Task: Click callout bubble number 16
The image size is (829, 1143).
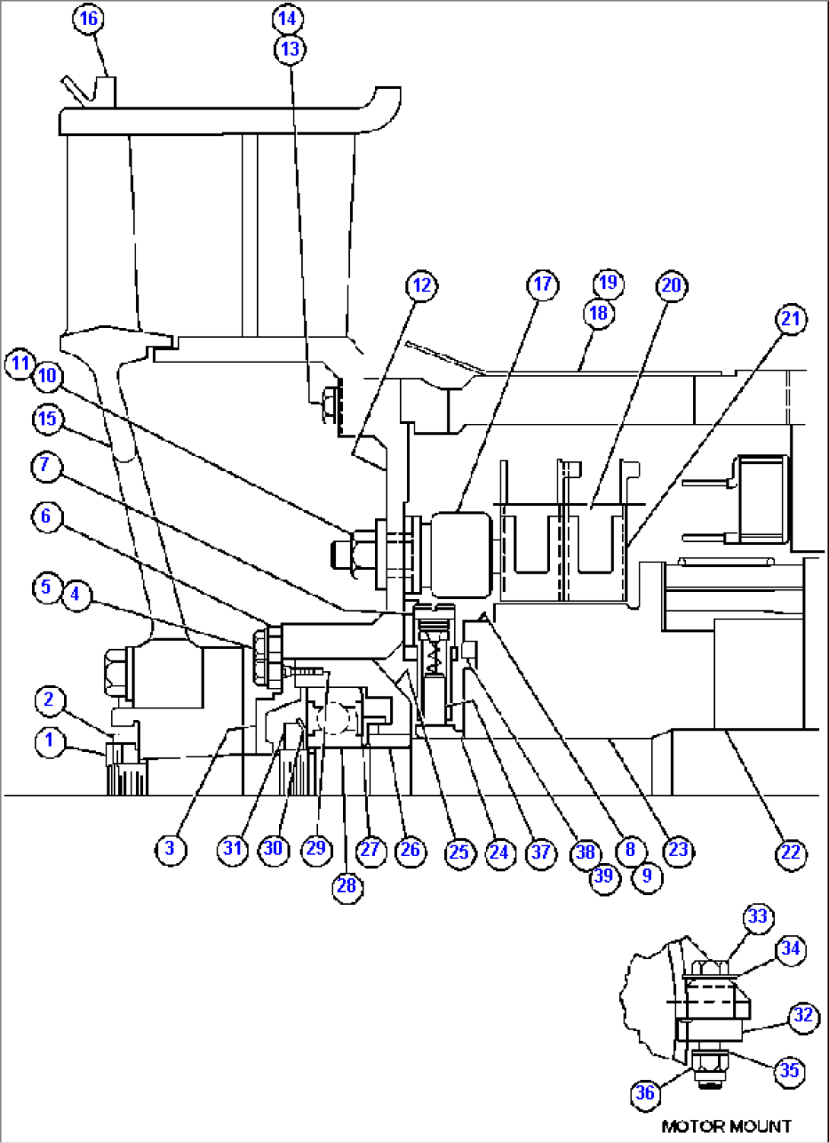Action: pyautogui.click(x=89, y=18)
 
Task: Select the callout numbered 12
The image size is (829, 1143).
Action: pyautogui.click(x=421, y=285)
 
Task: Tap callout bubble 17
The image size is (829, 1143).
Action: pyautogui.click(x=542, y=285)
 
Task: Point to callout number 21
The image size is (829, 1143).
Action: pyautogui.click(x=791, y=318)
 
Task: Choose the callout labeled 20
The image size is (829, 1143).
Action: pyautogui.click(x=671, y=285)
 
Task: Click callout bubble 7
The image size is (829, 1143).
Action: pyautogui.click(x=46, y=465)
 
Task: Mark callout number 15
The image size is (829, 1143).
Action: pyautogui.click(x=47, y=419)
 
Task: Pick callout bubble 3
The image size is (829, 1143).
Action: pyautogui.click(x=170, y=848)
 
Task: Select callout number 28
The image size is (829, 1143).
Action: pyautogui.click(x=346, y=885)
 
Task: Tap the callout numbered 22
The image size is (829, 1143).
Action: pyautogui.click(x=791, y=852)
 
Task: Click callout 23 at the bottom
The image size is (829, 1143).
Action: pyautogui.click(x=678, y=849)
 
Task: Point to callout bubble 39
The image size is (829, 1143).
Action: pyautogui.click(x=604, y=876)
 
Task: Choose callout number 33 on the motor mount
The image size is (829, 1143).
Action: pyautogui.click(x=758, y=916)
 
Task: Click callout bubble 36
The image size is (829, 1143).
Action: pyautogui.click(x=645, y=1094)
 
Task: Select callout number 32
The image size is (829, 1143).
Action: pyautogui.click(x=803, y=1016)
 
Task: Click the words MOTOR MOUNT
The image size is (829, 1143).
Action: pyautogui.click(x=726, y=1126)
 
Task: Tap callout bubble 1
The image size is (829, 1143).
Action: pyautogui.click(x=49, y=740)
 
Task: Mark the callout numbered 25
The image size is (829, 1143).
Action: pyautogui.click(x=459, y=852)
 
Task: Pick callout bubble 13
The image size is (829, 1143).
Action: pyautogui.click(x=290, y=49)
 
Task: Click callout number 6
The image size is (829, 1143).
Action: pyautogui.click(x=46, y=517)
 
